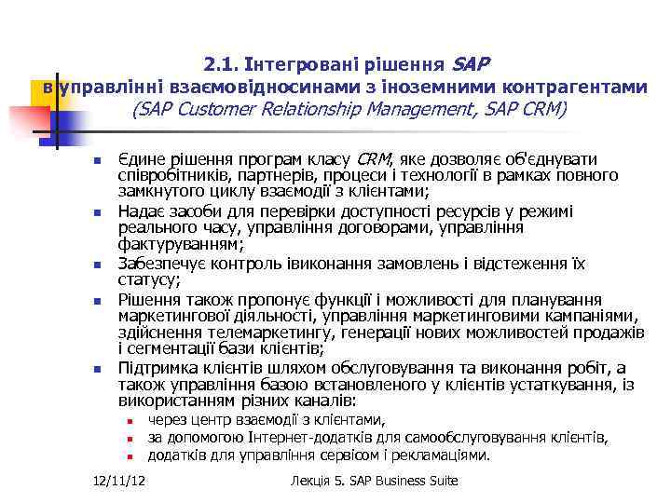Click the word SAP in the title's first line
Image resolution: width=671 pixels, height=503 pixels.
(x=471, y=64)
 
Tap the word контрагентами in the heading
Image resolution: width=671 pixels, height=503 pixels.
(x=574, y=87)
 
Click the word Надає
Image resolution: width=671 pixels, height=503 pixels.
(x=141, y=211)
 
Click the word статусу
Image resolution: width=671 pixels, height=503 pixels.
(x=149, y=279)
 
